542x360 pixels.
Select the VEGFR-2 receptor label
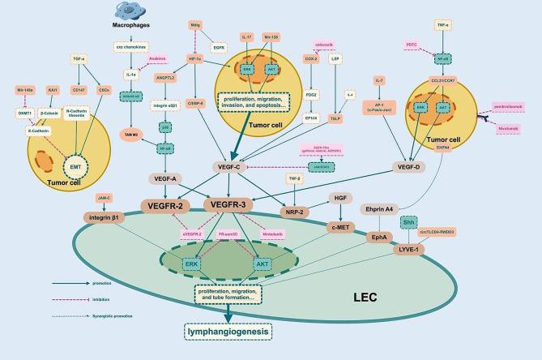click(169, 205)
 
